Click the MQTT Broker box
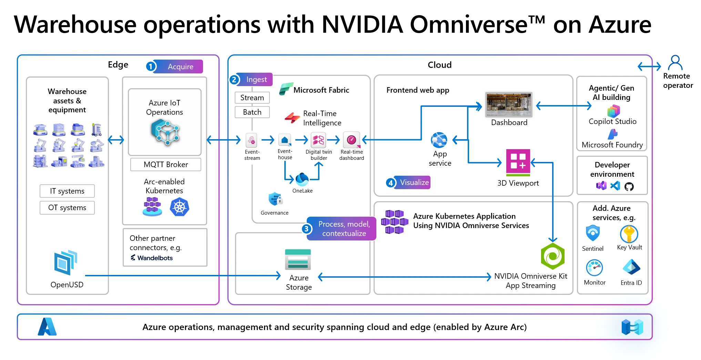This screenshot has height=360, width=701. coord(165,165)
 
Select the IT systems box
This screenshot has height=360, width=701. coord(67,191)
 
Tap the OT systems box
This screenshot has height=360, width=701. coord(67,208)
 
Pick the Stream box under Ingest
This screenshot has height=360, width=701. coord(252,98)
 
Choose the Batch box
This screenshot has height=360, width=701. coord(252,112)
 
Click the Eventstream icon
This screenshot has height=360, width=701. coord(252,140)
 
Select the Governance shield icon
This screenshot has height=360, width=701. coord(275,199)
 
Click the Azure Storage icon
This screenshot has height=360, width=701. coord(298,259)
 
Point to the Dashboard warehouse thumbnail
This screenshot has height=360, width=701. coord(509,105)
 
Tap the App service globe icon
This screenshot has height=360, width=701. coord(439,140)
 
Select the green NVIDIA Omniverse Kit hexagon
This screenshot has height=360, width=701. coord(553,256)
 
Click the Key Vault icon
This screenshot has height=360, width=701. coord(629,234)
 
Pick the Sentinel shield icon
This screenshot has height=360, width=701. coord(593,234)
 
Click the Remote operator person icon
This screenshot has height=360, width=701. coord(675,63)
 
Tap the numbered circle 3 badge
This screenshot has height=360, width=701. coord(306,229)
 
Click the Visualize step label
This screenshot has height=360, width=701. coord(414,183)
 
